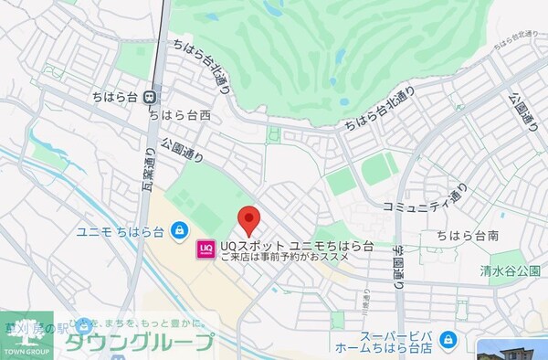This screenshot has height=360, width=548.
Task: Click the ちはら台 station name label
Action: [x=115, y=96]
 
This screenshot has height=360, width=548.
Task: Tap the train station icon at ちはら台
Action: [x=149, y=96]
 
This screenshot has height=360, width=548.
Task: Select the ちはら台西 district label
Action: [x=180, y=114]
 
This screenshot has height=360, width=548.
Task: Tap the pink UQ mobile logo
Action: [x=205, y=248]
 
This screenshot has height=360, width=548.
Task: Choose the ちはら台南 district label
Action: [x=467, y=236]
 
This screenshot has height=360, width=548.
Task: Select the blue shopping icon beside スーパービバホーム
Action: [x=448, y=341]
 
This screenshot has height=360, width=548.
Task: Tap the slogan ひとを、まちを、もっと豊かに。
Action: [x=137, y=324]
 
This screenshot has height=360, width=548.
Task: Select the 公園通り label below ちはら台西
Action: [x=182, y=149]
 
